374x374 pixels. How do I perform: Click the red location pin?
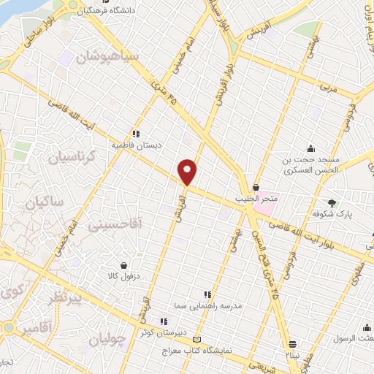[x=188, y=171]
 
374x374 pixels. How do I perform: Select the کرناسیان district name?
[x=72, y=156]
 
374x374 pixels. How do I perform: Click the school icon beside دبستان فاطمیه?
[x=136, y=134]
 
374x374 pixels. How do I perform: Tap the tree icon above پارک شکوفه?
[x=333, y=202]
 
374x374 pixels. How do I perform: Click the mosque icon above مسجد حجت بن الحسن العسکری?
[x=311, y=148]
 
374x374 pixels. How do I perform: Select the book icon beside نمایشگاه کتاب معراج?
[x=195, y=339]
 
